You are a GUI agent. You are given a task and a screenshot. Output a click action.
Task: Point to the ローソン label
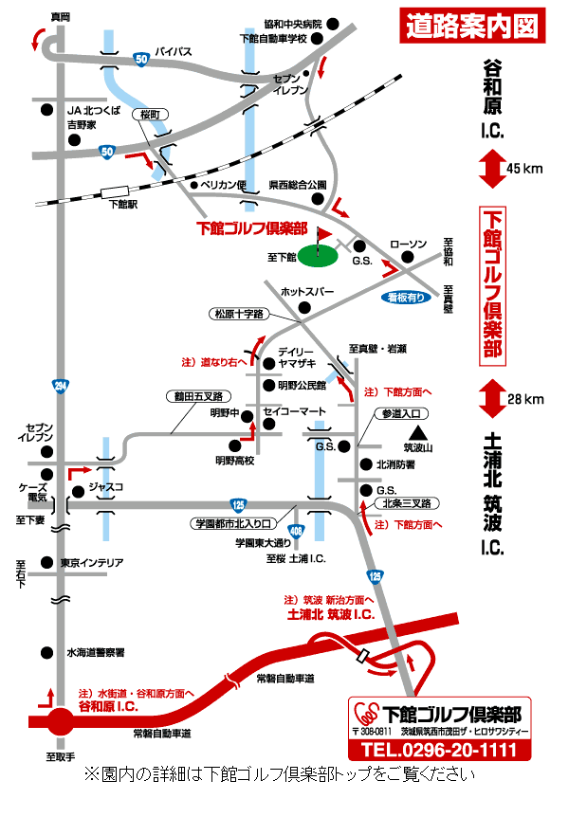[x=409, y=244]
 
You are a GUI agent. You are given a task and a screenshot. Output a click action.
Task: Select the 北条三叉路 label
[x=406, y=503]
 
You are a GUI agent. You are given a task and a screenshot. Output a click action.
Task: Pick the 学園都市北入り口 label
[x=233, y=523]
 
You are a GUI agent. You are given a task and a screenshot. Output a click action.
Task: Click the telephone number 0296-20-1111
[x=438, y=751]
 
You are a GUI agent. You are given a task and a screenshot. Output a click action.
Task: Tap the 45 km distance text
[x=524, y=169]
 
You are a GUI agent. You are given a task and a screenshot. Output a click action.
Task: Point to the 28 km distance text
[x=525, y=399]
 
